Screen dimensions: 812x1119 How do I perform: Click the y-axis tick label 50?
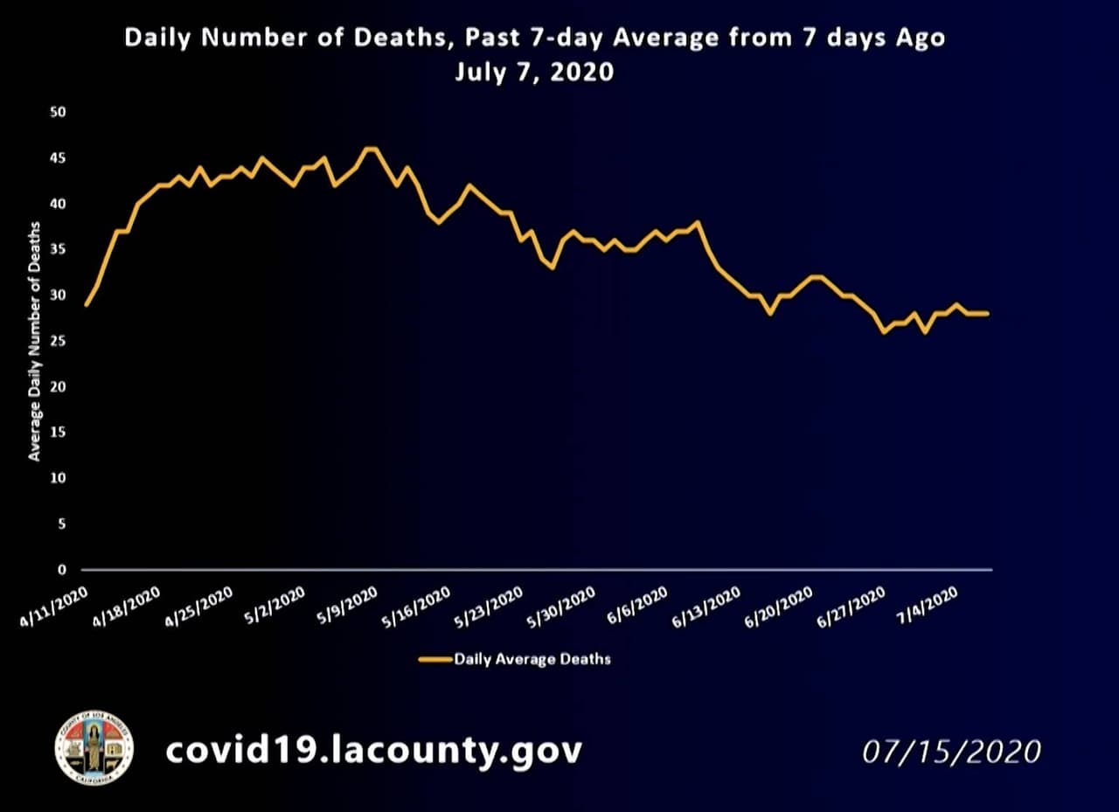pyautogui.click(x=60, y=113)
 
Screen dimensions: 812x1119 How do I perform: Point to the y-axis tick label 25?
pyautogui.click(x=60, y=341)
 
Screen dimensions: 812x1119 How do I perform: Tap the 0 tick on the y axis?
pyautogui.click(x=62, y=570)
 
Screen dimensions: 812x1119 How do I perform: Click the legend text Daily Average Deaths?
pyautogui.click(x=532, y=659)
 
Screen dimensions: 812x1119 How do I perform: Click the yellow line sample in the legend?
pyautogui.click(x=434, y=659)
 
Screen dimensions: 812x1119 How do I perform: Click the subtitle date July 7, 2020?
pyautogui.click(x=533, y=72)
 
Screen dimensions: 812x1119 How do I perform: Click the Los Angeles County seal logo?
pyautogui.click(x=94, y=747)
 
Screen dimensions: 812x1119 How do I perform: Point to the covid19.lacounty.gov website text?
pyautogui.click(x=373, y=750)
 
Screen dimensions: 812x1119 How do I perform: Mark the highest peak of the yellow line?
pyautogui.click(x=371, y=149)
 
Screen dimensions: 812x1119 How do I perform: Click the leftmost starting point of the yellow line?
pyautogui.click(x=86, y=304)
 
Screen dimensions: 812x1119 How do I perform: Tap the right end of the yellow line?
pyautogui.click(x=988, y=313)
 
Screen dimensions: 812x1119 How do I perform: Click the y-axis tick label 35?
pyautogui.click(x=60, y=250)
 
